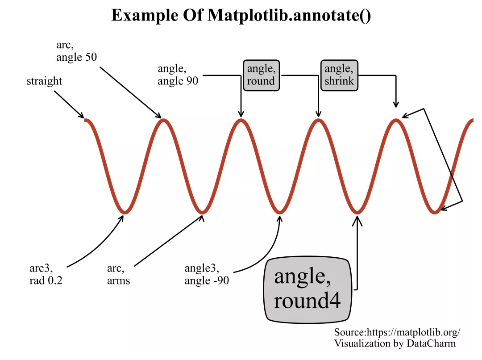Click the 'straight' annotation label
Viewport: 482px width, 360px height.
click(x=44, y=81)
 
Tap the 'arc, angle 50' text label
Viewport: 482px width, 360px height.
click(x=76, y=51)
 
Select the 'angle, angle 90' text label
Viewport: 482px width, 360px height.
click(x=178, y=75)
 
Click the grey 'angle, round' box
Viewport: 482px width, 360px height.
click(x=261, y=75)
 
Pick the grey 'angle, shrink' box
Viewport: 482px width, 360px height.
click(x=339, y=75)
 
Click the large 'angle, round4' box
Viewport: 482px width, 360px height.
click(x=307, y=289)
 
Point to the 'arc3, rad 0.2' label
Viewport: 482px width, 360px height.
click(x=46, y=275)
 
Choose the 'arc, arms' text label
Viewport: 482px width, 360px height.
click(x=118, y=275)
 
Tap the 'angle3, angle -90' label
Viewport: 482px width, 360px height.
click(x=207, y=275)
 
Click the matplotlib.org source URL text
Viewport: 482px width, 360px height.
click(x=397, y=332)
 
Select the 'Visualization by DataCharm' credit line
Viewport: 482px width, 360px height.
click(x=395, y=343)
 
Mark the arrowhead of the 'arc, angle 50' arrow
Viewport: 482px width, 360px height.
click(x=159, y=117)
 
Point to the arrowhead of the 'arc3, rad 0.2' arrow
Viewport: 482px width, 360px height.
click(x=122, y=217)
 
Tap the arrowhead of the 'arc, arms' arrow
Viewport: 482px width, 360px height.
click(x=202, y=216)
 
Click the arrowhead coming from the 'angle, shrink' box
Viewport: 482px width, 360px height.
click(x=395, y=106)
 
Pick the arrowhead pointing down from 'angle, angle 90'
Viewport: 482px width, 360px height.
click(x=241, y=115)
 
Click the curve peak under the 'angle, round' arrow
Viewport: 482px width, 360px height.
click(x=318, y=121)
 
